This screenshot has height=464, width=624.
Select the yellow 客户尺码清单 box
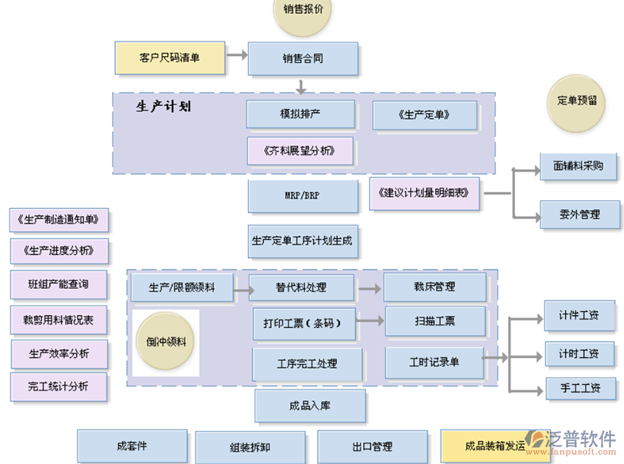[x=170, y=58]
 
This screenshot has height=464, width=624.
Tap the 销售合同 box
[x=303, y=58]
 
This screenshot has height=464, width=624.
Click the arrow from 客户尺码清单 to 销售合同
[x=236, y=55]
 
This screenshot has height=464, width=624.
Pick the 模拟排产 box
[x=300, y=114]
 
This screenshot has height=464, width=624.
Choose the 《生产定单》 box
[x=424, y=115]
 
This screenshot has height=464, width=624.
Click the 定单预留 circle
[x=577, y=101]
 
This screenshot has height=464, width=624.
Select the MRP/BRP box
[x=302, y=196]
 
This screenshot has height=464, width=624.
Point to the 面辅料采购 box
[x=578, y=166]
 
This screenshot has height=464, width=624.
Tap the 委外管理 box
[x=579, y=215]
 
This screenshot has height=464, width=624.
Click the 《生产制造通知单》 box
[x=59, y=220]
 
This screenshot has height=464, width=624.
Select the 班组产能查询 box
[x=59, y=285]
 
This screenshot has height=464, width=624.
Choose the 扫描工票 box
[x=434, y=322]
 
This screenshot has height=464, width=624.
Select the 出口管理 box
[x=372, y=446]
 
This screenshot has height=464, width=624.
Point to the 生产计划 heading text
[x=163, y=108]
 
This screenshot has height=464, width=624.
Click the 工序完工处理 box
[x=307, y=363]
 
